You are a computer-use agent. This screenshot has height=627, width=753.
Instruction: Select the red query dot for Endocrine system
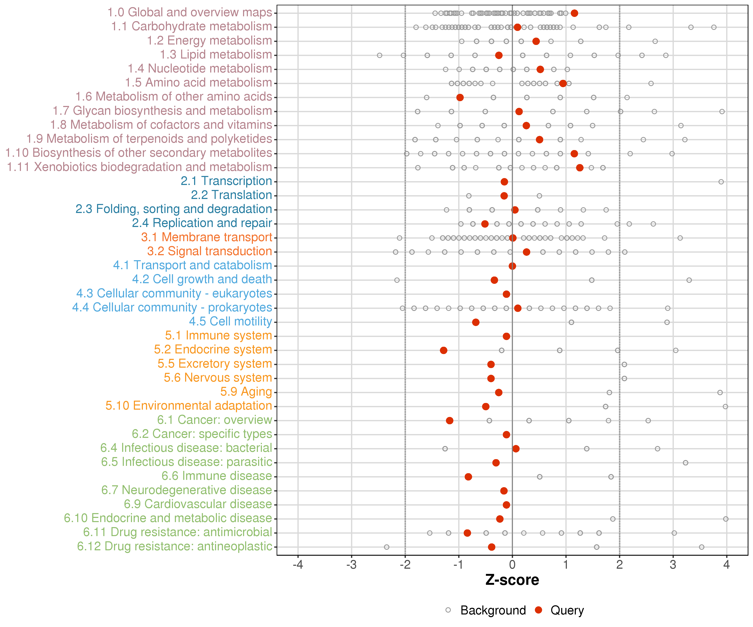click(x=444, y=350)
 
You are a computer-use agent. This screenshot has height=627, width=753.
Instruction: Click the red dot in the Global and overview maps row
click(x=574, y=13)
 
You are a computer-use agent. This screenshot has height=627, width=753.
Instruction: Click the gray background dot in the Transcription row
click(x=721, y=182)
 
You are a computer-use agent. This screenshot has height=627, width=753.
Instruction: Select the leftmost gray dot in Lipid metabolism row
click(x=380, y=55)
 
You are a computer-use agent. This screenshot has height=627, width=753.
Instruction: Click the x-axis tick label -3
click(x=351, y=565)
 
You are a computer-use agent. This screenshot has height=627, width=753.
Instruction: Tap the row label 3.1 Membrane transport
click(x=206, y=237)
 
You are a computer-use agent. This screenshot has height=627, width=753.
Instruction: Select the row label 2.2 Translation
click(x=232, y=195)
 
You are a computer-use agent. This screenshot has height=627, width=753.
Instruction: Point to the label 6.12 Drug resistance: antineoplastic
click(x=175, y=546)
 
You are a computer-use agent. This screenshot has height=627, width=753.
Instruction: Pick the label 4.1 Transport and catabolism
click(x=193, y=265)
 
